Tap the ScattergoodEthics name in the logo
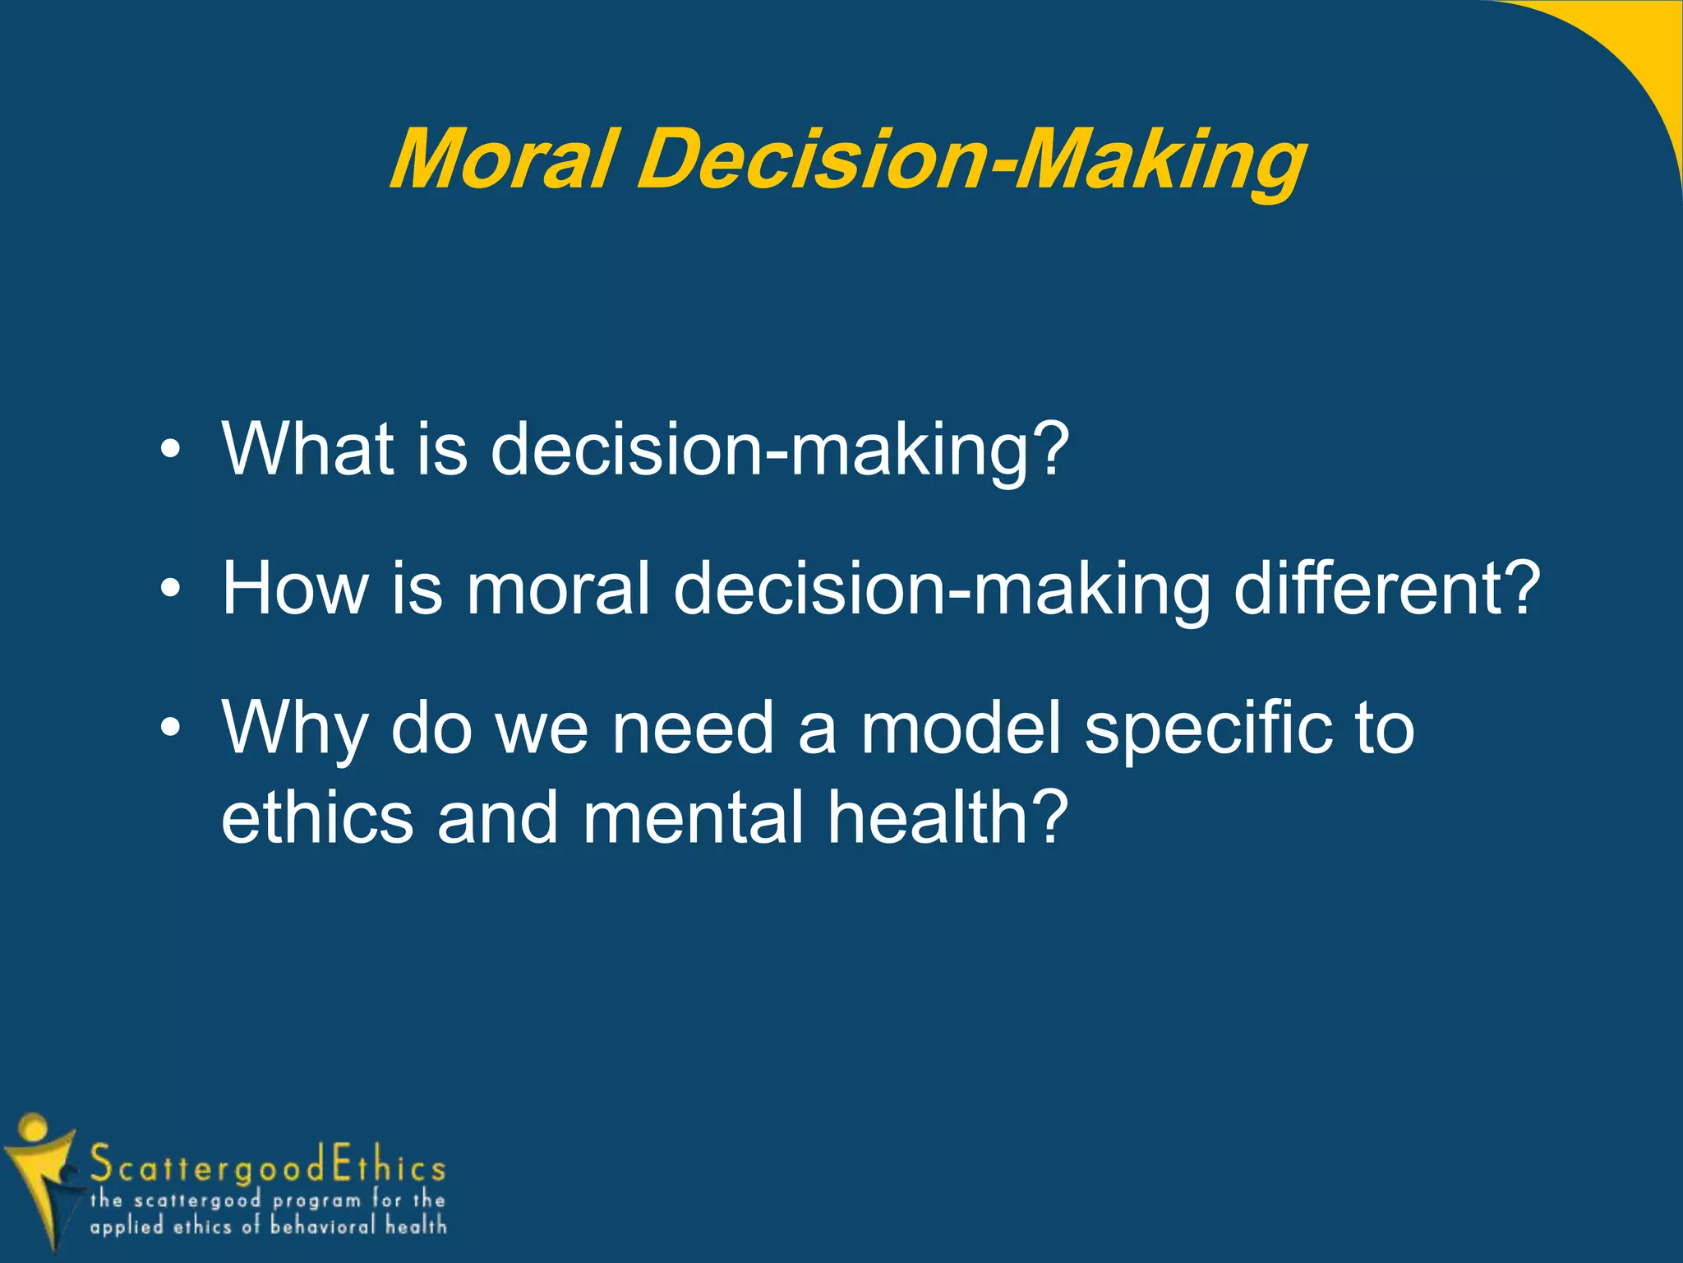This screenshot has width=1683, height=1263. click(268, 1166)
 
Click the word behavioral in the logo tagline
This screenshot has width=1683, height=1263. click(324, 1226)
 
